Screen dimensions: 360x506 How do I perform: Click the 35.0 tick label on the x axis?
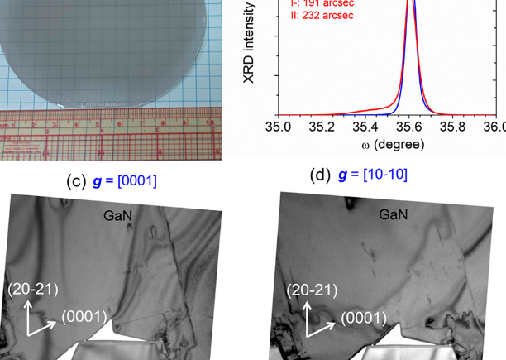(279, 128)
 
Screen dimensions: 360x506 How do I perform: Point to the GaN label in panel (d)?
(394, 214)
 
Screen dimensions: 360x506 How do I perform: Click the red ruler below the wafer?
(107, 134)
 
